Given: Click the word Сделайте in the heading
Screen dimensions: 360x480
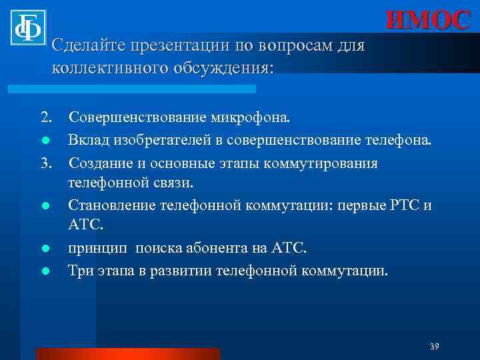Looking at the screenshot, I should click(x=87, y=47).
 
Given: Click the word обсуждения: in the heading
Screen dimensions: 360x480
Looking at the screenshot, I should click(x=226, y=68).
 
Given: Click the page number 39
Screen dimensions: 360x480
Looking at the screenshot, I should click(x=434, y=347).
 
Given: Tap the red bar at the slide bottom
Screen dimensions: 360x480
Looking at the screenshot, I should click(x=127, y=353).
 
